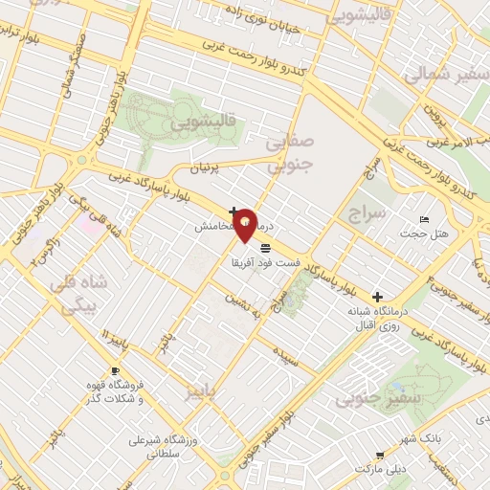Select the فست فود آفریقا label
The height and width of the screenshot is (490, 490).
[265, 261]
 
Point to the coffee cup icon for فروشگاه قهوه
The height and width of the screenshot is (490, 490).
[115, 370]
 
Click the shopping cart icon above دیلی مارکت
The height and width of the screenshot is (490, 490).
[380, 456]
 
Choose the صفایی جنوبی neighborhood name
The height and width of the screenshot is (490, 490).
[287, 154]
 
